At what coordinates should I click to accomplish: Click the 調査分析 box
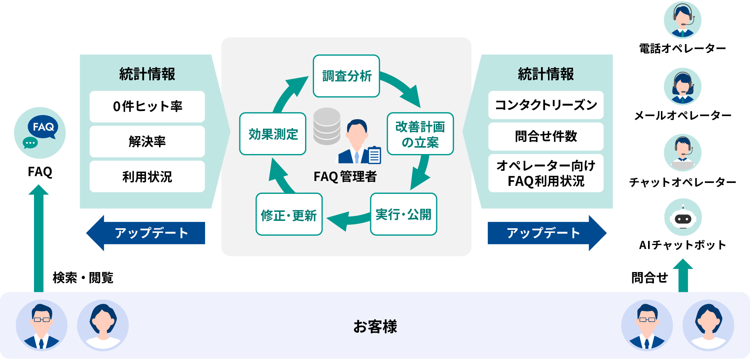click(346, 76)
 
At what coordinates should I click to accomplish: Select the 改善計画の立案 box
click(420, 134)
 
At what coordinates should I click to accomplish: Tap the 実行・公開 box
click(403, 214)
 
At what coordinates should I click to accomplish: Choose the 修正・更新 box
click(289, 215)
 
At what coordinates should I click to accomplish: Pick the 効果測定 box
click(273, 134)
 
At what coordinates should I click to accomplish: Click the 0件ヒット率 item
click(147, 106)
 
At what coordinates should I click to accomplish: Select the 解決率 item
click(147, 141)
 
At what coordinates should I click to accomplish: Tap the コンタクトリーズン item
click(546, 105)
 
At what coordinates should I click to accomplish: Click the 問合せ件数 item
click(546, 136)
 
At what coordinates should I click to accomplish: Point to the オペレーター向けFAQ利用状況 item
click(546, 173)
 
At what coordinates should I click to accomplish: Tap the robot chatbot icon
click(683, 217)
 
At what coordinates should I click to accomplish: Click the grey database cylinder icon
click(327, 126)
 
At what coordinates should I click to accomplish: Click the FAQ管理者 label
click(345, 177)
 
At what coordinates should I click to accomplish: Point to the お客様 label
click(375, 326)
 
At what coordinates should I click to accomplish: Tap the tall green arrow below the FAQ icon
click(39, 238)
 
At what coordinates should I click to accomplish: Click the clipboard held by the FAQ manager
click(374, 155)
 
